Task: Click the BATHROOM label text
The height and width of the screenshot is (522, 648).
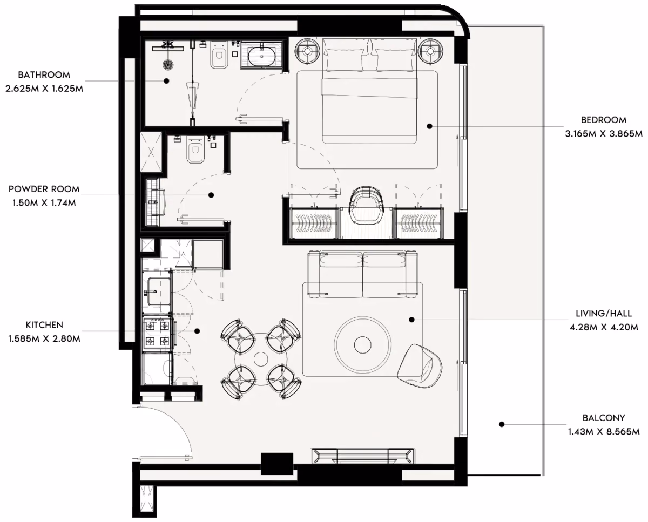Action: (44, 74)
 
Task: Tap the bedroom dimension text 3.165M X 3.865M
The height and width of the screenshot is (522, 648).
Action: (604, 134)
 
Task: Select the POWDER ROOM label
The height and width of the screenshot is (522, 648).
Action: (44, 189)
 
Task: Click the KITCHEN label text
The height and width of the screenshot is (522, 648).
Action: (44, 325)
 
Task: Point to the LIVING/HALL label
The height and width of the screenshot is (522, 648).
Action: (604, 314)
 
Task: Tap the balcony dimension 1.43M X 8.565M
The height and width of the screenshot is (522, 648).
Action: (604, 432)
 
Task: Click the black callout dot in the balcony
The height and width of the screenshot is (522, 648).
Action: (502, 424)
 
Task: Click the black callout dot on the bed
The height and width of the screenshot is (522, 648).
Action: (430, 126)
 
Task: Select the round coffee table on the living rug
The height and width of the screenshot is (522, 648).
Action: (362, 344)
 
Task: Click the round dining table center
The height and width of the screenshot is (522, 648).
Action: (261, 359)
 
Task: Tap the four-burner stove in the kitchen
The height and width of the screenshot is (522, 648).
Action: (157, 333)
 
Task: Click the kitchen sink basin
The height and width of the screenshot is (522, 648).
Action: (159, 291)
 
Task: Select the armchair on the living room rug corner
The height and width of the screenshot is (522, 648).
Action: (420, 366)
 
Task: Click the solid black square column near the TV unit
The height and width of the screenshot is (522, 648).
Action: (276, 464)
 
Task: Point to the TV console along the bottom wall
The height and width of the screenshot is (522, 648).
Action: (363, 456)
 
